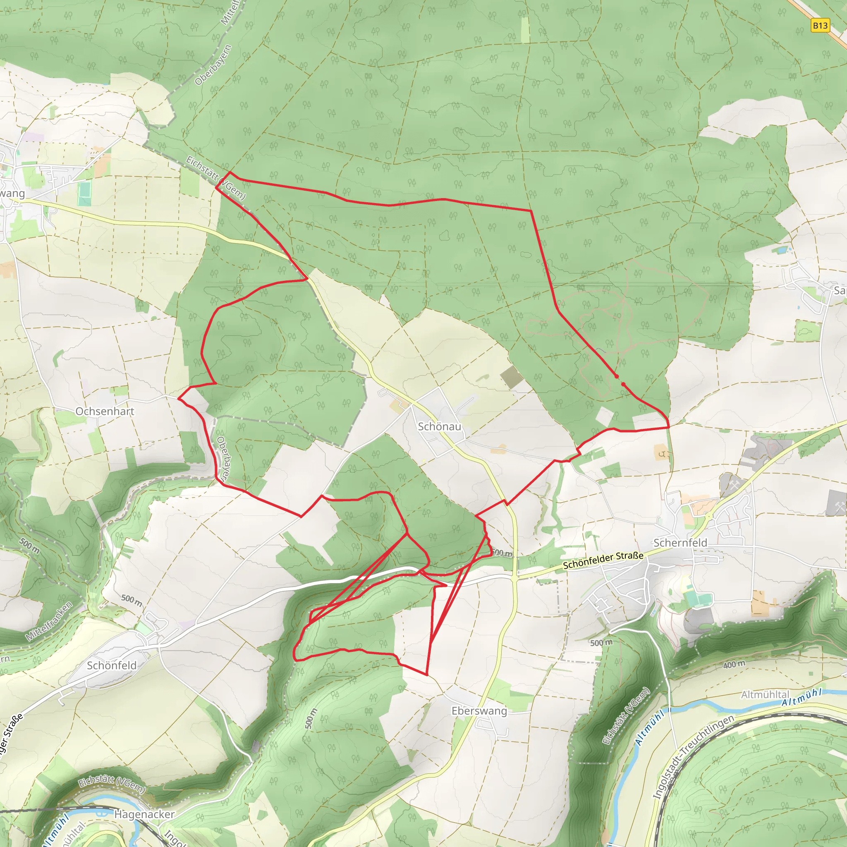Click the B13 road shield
coord(820,25)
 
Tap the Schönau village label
coord(439,426)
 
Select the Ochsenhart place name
coord(105,411)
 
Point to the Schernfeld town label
coord(680,543)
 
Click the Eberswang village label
coord(479,711)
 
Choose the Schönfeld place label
coord(112,665)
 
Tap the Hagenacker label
coord(144,814)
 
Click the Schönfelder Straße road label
coord(603,561)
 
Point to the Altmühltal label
coord(765,695)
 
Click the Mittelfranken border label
coord(49,621)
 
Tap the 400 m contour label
coord(734,665)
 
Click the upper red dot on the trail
coord(616,377)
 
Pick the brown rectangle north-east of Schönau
coord(511,378)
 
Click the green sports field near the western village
coord(84,194)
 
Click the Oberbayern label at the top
coord(213,65)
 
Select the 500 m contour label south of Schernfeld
coord(601,643)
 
